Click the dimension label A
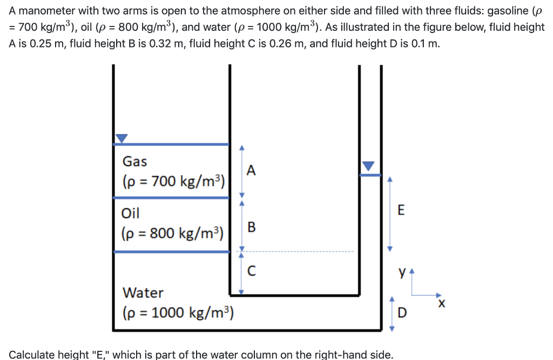coord(249,171)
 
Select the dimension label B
coord(250,227)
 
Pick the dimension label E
coord(400,210)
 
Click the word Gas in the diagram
coord(134,161)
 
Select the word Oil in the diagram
coord(131,213)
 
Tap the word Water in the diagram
coord(143,293)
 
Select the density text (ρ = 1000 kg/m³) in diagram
coord(178,313)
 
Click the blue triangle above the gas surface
coord(122,138)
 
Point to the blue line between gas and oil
coord(171,198)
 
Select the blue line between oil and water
coord(171,251)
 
